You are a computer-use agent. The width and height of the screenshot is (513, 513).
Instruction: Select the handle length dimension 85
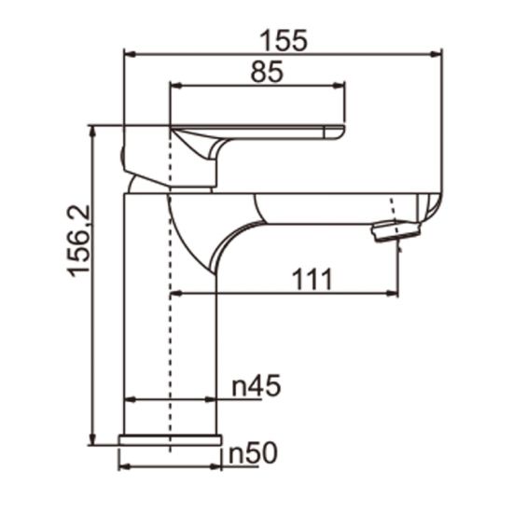267,72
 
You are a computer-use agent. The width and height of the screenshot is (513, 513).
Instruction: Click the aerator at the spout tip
391,231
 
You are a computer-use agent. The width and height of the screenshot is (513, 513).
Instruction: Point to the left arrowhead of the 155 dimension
129,53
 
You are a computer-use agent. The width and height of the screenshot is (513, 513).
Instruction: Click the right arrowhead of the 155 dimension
436,53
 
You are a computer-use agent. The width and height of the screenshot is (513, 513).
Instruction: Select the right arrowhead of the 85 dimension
341,85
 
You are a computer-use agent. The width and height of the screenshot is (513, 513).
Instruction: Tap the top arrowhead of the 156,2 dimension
92,132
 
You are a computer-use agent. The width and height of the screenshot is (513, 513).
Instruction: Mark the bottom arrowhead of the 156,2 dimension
92,441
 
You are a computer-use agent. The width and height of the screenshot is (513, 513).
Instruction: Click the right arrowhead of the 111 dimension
394,295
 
